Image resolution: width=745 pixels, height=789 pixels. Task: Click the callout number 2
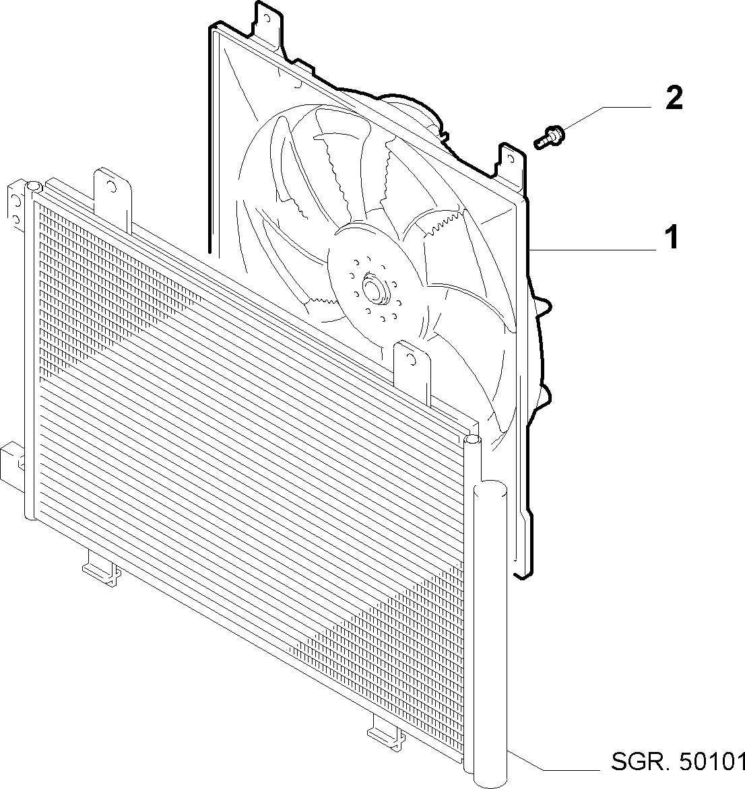(674, 98)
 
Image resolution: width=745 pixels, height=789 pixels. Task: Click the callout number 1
(672, 238)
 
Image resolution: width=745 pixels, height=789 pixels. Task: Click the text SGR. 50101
(678, 761)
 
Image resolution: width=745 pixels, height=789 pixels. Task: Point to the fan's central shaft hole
(373, 287)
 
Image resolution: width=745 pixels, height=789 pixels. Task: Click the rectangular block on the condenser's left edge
(10, 461)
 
